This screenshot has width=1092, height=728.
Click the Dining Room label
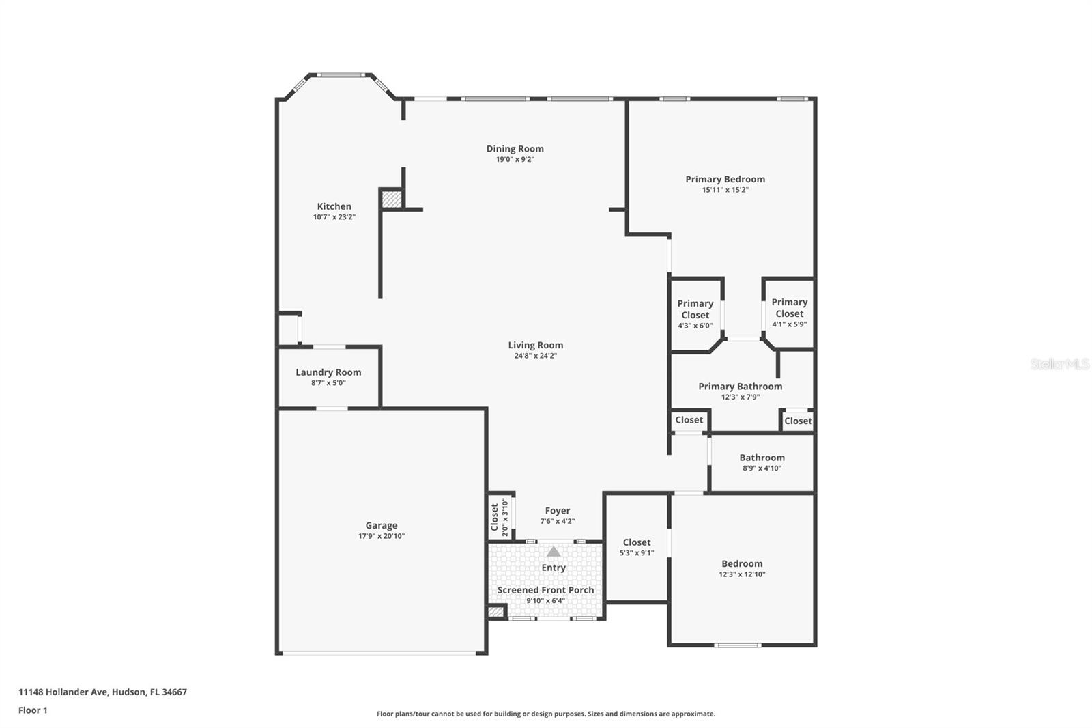(515, 148)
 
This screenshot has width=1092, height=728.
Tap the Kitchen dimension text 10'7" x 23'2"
(334, 217)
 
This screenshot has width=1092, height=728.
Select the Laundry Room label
(328, 372)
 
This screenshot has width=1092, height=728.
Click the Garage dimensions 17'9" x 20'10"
(382, 536)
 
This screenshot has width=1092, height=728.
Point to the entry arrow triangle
(554, 551)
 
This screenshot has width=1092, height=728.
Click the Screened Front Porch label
(545, 590)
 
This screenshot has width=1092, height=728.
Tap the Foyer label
(557, 510)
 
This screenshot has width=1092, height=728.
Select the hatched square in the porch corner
(496, 612)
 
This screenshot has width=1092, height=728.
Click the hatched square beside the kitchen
(391, 199)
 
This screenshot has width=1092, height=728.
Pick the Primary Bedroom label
(725, 179)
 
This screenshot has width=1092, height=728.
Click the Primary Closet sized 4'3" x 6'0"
(695, 314)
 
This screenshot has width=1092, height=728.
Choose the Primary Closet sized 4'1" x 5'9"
(789, 313)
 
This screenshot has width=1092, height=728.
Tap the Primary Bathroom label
(740, 386)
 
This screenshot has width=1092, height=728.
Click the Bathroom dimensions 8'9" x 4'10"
(762, 468)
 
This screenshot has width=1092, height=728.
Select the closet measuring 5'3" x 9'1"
(636, 547)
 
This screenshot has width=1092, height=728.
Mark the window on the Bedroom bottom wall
(737, 645)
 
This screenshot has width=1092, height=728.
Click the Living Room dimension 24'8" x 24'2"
(535, 356)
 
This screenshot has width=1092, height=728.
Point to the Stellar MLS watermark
(1059, 364)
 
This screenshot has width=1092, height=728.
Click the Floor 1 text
(33, 710)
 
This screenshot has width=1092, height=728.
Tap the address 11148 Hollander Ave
(102, 692)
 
